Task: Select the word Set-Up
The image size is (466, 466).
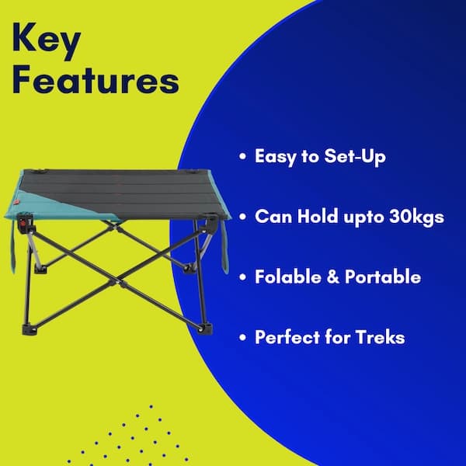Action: click(x=355, y=156)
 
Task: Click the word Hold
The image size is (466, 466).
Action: click(x=321, y=217)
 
